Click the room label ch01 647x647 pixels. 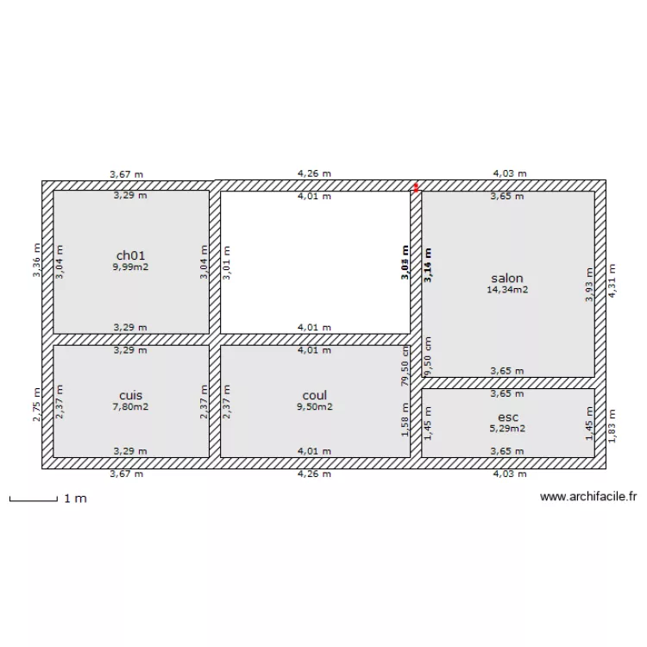pos(130,255)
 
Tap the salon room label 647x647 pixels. pos(506,279)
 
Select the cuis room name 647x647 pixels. pos(130,395)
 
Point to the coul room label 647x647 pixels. pos(314,396)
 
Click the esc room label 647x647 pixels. pos(508,417)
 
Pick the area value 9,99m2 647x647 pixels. pos(130,267)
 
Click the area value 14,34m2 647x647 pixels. pos(507,290)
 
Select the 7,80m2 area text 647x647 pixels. pos(130,407)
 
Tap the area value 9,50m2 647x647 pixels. pos(314,407)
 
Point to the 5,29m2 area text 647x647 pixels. pos(507,428)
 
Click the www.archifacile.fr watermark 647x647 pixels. pos(588,496)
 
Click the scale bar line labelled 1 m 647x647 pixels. pos(33,499)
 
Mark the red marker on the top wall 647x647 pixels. pos(416,185)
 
